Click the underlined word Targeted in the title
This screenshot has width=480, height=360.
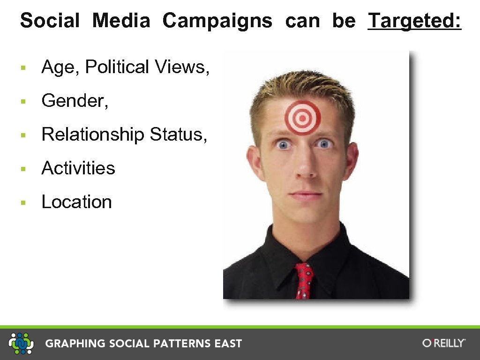click(x=414, y=21)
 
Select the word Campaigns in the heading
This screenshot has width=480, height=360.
click(x=217, y=21)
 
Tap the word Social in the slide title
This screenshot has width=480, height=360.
click(x=50, y=21)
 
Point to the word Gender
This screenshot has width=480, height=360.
click(x=75, y=101)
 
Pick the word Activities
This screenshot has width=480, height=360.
click(x=78, y=168)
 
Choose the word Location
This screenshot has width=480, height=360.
click(x=77, y=202)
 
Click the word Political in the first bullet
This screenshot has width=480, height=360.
click(x=117, y=67)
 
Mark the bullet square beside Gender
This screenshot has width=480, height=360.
click(x=22, y=102)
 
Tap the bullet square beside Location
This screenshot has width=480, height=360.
click(x=22, y=203)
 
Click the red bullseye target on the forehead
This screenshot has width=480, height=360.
click(x=303, y=117)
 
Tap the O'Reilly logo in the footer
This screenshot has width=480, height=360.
click(x=443, y=343)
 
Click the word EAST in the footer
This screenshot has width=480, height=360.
click(x=228, y=344)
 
